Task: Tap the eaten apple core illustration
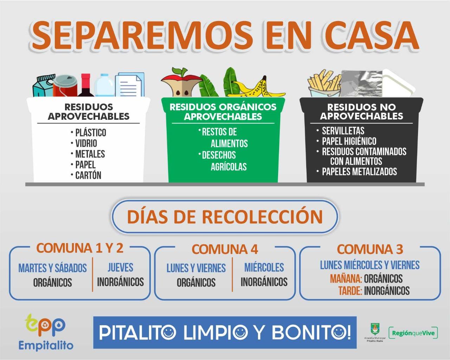(x=181, y=83)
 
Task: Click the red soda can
(x=65, y=86)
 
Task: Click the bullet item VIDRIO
(x=86, y=143)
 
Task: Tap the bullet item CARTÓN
(x=88, y=175)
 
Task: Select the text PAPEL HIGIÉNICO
(x=349, y=141)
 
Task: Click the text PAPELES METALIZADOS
(x=359, y=171)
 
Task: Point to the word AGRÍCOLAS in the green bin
(x=229, y=166)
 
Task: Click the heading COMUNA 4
(x=225, y=249)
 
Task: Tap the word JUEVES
(x=121, y=268)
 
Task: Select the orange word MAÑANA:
(x=346, y=279)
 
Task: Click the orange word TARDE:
(x=350, y=290)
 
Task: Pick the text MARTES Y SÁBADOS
(x=52, y=268)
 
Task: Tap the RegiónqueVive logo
(x=413, y=333)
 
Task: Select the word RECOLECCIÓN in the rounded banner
(x=262, y=216)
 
